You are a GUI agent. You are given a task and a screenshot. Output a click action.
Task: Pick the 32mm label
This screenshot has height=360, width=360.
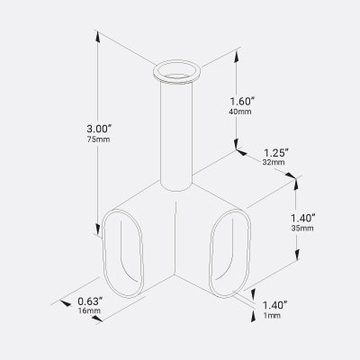tap(274, 164)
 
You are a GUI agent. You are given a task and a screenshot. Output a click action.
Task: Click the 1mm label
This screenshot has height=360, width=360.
tap(273, 317)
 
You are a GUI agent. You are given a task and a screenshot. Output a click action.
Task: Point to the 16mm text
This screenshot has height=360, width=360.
tap(90, 311)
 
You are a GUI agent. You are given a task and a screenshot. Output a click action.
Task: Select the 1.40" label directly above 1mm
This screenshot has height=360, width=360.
tap(275, 305)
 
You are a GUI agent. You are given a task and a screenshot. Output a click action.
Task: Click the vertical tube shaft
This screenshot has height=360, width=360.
tap(177, 135)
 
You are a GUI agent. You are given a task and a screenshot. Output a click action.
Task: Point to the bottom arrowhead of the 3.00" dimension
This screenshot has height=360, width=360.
tap(96, 236)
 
